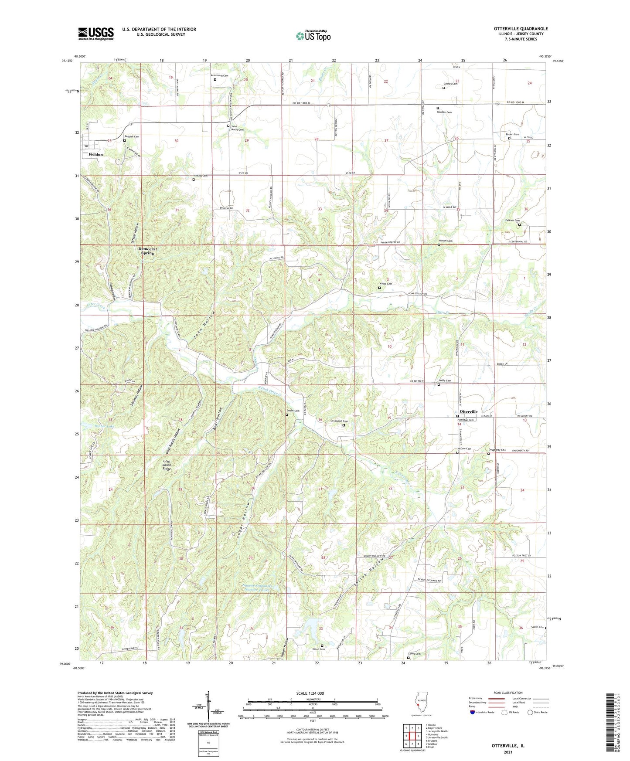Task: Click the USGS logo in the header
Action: coord(96,34)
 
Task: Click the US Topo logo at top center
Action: coord(313,35)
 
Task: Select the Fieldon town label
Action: coord(95,154)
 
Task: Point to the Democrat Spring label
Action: coord(147,251)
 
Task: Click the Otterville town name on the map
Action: coord(469,411)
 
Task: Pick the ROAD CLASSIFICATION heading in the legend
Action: coord(508,693)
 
